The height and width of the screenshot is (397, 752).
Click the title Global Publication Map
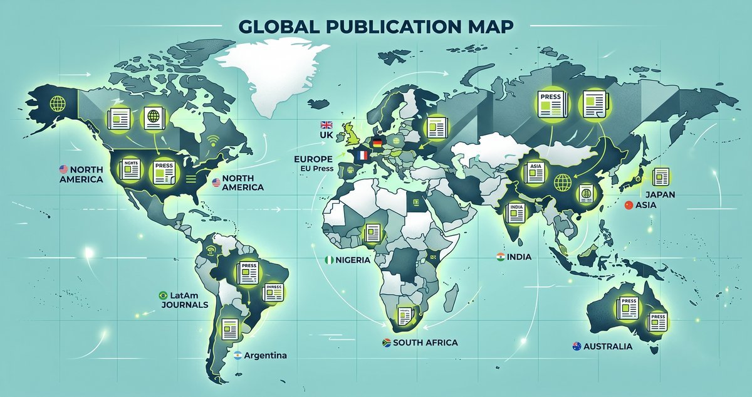(x=376, y=27)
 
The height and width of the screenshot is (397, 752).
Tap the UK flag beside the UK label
(x=326, y=125)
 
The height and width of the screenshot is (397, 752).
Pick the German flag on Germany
(x=377, y=142)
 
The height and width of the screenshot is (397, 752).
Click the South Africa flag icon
(x=387, y=342)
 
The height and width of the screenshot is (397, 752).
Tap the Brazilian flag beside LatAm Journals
(x=163, y=295)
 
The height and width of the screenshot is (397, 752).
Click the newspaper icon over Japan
(x=661, y=176)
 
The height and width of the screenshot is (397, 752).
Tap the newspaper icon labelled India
(x=516, y=211)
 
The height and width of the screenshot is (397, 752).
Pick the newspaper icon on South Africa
(x=403, y=316)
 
